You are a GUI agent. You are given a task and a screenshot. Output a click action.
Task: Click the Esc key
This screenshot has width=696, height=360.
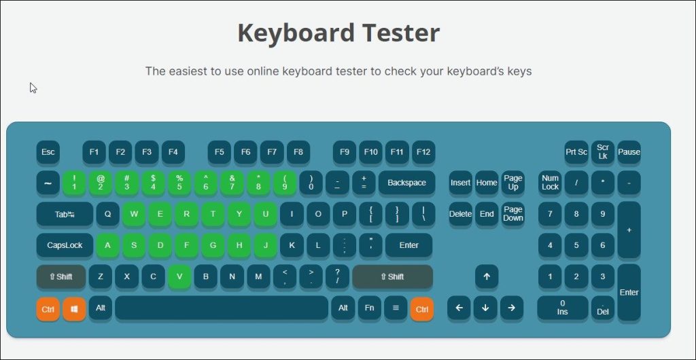point(48,152)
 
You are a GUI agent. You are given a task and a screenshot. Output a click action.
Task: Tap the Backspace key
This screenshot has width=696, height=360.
point(406,183)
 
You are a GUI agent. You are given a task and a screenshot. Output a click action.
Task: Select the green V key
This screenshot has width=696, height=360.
point(179,276)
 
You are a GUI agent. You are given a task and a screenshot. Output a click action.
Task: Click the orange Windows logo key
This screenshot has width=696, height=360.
point(74,309)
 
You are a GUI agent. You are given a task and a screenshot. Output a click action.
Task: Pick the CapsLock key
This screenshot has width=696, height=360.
point(65,245)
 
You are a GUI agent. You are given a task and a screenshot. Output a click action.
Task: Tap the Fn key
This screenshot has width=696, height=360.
point(369,308)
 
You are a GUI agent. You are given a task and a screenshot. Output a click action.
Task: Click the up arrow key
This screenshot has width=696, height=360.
point(487,276)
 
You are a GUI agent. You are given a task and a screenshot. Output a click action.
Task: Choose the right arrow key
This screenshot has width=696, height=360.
point(511,308)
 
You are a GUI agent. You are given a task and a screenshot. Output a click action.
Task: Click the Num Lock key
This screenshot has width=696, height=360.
point(550,183)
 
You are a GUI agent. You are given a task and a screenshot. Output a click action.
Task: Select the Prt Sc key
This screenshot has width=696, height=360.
point(576,152)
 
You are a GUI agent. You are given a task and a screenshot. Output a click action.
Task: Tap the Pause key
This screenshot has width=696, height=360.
point(629,152)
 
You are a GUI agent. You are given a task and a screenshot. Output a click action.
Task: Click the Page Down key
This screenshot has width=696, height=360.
point(513,214)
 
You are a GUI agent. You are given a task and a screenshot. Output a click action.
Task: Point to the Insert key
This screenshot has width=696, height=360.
point(460,183)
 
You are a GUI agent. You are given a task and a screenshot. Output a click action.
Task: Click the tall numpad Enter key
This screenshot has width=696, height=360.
point(629,292)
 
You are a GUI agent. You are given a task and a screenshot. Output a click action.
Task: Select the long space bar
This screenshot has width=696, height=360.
point(221,308)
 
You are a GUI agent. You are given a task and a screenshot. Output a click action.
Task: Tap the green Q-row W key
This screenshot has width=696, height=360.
point(134,214)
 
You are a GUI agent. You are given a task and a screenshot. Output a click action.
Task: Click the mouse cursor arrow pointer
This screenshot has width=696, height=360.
point(33,88)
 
